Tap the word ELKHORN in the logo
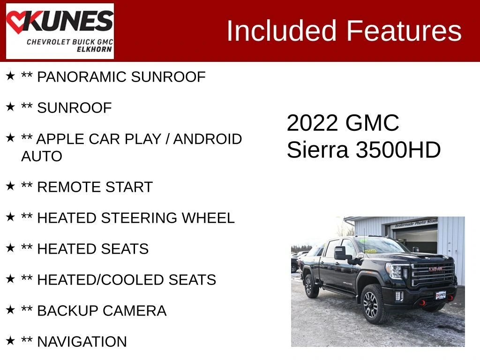(x=94, y=49)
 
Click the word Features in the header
(x=404, y=30)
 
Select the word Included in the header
(x=281, y=30)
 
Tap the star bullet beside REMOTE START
(x=10, y=186)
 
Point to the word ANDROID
(x=208, y=139)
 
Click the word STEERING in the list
(x=139, y=218)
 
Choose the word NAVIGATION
(x=82, y=342)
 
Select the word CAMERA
(x=135, y=311)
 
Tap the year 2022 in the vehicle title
(x=312, y=123)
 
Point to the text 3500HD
(x=398, y=150)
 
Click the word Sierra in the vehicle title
(x=317, y=150)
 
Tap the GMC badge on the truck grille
(x=435, y=269)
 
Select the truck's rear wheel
(x=311, y=286)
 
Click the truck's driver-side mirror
(x=340, y=253)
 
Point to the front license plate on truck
(x=441, y=295)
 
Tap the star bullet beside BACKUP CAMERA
(x=10, y=309)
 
